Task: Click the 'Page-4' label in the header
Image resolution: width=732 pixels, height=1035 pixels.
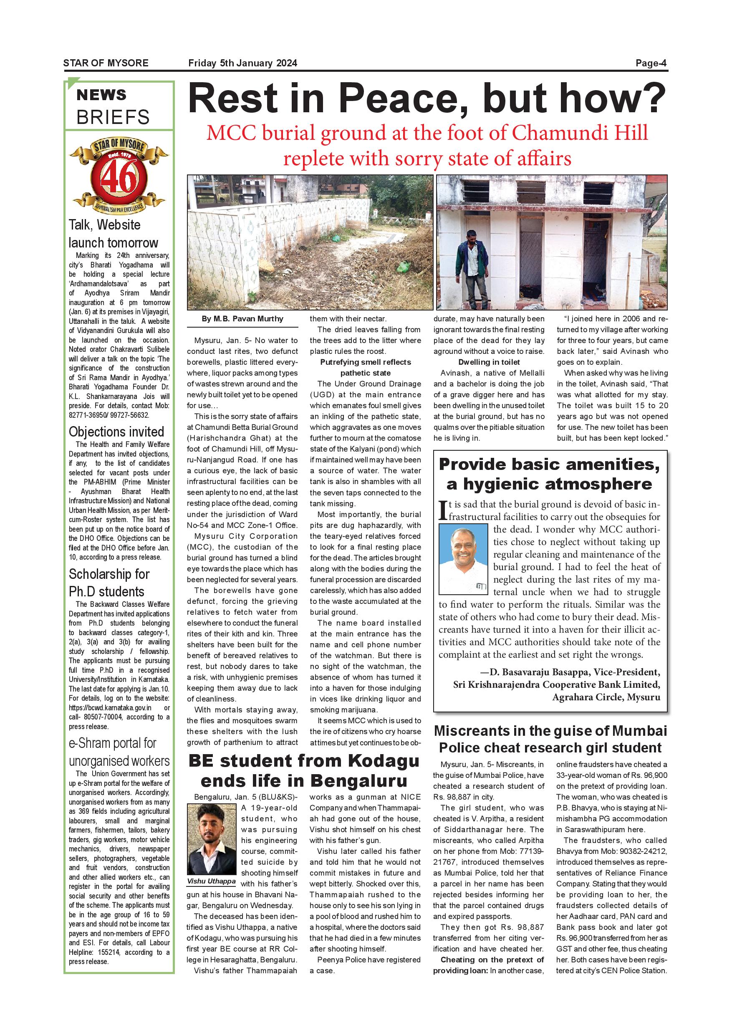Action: [x=651, y=63]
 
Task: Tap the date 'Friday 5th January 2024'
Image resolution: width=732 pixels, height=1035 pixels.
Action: [x=242, y=63]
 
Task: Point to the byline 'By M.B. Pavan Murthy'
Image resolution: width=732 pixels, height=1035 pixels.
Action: [x=242, y=319]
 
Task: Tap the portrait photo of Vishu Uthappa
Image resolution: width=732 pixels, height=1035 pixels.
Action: [x=212, y=839]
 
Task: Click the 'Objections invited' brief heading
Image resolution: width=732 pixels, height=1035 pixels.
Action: [x=116, y=432]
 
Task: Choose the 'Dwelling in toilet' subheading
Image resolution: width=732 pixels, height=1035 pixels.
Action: [x=489, y=362]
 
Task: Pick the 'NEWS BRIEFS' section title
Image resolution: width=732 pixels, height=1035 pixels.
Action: [x=113, y=106]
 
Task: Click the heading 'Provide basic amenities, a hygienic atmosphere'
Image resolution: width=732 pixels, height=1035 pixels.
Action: [x=550, y=473]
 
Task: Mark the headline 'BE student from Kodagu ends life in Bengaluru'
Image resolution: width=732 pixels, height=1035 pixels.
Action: [x=303, y=770]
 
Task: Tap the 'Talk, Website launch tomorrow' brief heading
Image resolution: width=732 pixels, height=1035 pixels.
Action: [x=113, y=234]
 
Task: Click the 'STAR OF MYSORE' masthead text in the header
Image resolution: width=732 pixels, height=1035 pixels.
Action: [x=106, y=63]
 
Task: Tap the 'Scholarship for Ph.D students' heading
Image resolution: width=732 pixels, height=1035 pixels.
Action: [x=109, y=583]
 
